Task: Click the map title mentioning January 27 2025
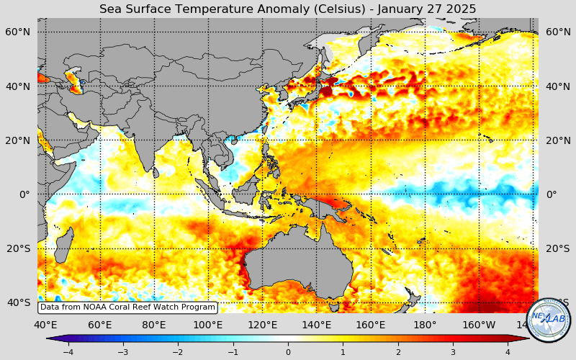[x=287, y=9]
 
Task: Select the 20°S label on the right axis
[x=557, y=248]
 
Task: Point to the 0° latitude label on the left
[x=24, y=194]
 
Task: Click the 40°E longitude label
[x=45, y=325]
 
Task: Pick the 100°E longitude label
[x=208, y=325]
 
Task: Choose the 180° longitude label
[x=425, y=325]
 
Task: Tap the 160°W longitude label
[x=479, y=325]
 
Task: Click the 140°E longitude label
[x=316, y=325]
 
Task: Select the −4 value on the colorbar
[x=68, y=352]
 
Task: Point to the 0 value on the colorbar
[x=288, y=352]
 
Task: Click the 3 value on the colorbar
[x=452, y=352]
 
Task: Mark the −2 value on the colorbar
[x=178, y=352]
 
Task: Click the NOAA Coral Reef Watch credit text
[x=127, y=307]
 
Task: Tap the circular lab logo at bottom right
[x=548, y=320]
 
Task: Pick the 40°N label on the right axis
[x=557, y=86]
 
